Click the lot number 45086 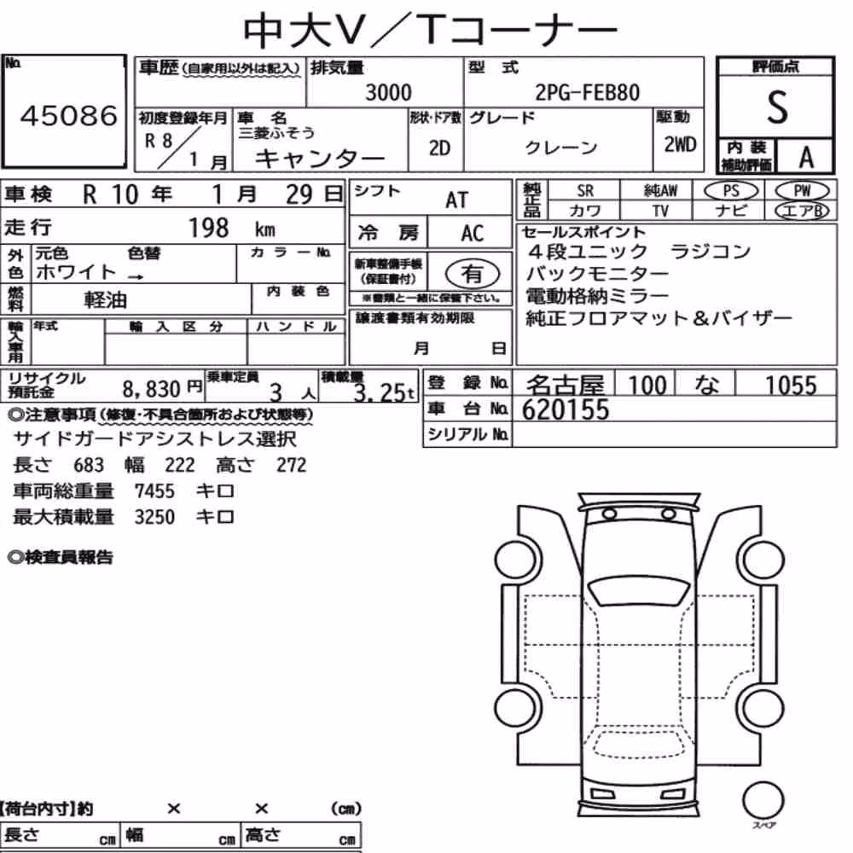[69, 115]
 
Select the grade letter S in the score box [777, 107]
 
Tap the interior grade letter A [806, 157]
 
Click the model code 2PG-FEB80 [587, 92]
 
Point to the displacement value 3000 [388, 92]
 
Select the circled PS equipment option [731, 191]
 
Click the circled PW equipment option [802, 191]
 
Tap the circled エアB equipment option [802, 211]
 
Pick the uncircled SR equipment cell [585, 191]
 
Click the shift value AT [456, 200]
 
